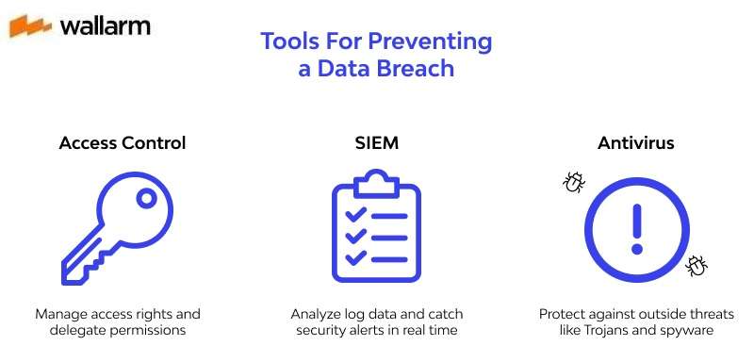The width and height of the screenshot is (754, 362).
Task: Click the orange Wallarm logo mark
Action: (x=30, y=25)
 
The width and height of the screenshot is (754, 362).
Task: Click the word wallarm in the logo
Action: (x=105, y=25)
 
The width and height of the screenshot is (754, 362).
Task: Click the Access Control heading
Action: (x=122, y=143)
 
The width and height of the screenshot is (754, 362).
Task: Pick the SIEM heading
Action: (x=376, y=143)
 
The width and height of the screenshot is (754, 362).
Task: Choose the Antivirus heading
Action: (x=635, y=143)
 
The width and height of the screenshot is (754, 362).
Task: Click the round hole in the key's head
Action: (x=146, y=198)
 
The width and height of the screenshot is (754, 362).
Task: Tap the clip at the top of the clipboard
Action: (x=376, y=178)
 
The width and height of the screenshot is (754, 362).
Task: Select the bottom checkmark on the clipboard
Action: (x=354, y=257)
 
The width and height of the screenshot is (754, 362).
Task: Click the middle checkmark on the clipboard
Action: (x=354, y=237)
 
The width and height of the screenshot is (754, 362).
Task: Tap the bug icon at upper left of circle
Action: (x=572, y=182)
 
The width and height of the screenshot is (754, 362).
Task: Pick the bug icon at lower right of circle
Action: (x=697, y=266)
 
